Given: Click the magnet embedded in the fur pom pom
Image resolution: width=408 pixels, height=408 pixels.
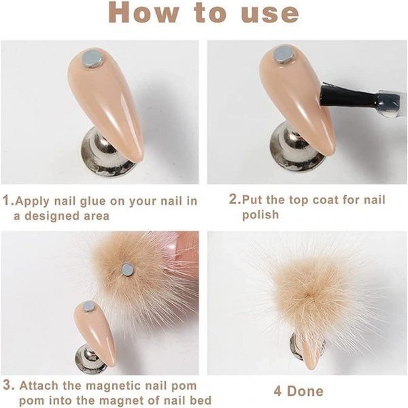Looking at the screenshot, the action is point(127,269).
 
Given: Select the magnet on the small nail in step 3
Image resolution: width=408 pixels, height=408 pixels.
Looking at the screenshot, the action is point(88,307).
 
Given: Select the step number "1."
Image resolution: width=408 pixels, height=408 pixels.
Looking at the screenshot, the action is point(8,201).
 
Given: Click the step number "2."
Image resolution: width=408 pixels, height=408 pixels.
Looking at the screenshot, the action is point(235,199).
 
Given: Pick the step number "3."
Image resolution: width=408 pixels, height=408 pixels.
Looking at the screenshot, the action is point(8,386).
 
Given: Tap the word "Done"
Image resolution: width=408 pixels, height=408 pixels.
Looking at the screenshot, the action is point(305,391).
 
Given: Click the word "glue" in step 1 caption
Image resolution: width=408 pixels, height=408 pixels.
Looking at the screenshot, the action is point(91,201).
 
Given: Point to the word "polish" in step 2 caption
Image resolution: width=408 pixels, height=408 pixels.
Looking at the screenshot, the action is point(260,215).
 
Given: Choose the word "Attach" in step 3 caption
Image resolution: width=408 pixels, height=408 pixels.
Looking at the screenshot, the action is point(39,386).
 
